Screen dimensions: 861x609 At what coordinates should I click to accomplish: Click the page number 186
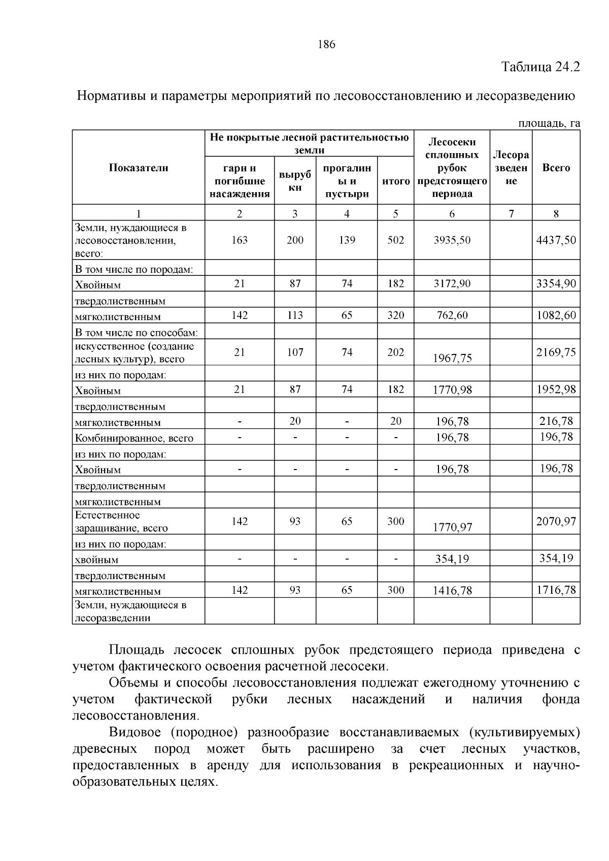326,45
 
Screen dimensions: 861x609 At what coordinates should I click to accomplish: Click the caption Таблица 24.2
540,67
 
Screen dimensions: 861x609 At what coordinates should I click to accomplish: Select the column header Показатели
139,168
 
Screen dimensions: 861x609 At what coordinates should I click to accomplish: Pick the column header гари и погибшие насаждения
240,181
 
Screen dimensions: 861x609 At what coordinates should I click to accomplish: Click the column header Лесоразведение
511,168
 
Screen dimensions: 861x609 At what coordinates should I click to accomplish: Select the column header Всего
556,168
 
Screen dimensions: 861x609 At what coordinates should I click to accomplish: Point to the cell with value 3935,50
452,240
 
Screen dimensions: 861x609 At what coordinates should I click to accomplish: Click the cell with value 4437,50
556,240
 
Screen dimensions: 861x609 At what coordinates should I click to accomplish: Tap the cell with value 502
395,240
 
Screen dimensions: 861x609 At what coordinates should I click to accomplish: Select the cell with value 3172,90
452,283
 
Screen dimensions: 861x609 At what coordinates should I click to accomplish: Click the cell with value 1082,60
556,315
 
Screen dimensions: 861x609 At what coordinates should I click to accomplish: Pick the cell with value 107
295,352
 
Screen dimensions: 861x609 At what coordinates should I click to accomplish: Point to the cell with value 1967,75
452,358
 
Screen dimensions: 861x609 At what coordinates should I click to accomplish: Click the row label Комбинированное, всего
134,438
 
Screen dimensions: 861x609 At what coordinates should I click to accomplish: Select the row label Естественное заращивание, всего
121,522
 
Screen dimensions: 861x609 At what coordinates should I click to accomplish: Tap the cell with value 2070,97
556,521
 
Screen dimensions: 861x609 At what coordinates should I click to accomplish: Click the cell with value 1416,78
452,591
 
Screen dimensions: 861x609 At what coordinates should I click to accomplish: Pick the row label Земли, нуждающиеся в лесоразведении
130,612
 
